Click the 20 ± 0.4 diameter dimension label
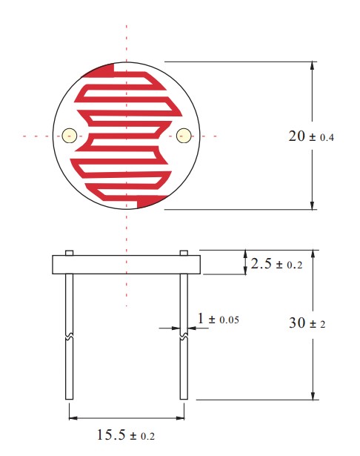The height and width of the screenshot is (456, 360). point(311,136)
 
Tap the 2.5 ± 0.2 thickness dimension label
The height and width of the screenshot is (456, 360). point(276,264)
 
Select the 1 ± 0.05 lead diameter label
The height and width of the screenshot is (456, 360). point(219,318)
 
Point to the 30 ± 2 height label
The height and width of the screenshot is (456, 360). point(307,323)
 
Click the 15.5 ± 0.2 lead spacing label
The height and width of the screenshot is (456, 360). point(125,435)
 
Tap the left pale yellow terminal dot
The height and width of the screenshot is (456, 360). point(70,136)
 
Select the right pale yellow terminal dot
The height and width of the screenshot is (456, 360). point(184,136)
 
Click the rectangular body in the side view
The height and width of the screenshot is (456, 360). point(127,265)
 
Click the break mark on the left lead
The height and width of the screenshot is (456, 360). point(69,337)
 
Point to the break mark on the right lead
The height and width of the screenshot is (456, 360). point(184,337)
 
